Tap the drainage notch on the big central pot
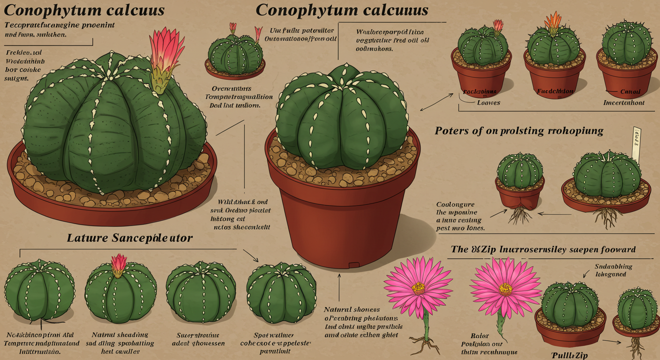click(x=354, y=266)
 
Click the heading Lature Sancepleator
click(x=130, y=238)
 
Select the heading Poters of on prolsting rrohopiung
click(x=519, y=131)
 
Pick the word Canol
click(x=630, y=92)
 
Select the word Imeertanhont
click(x=623, y=103)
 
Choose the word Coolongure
click(x=455, y=205)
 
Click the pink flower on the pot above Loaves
click(x=497, y=25)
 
